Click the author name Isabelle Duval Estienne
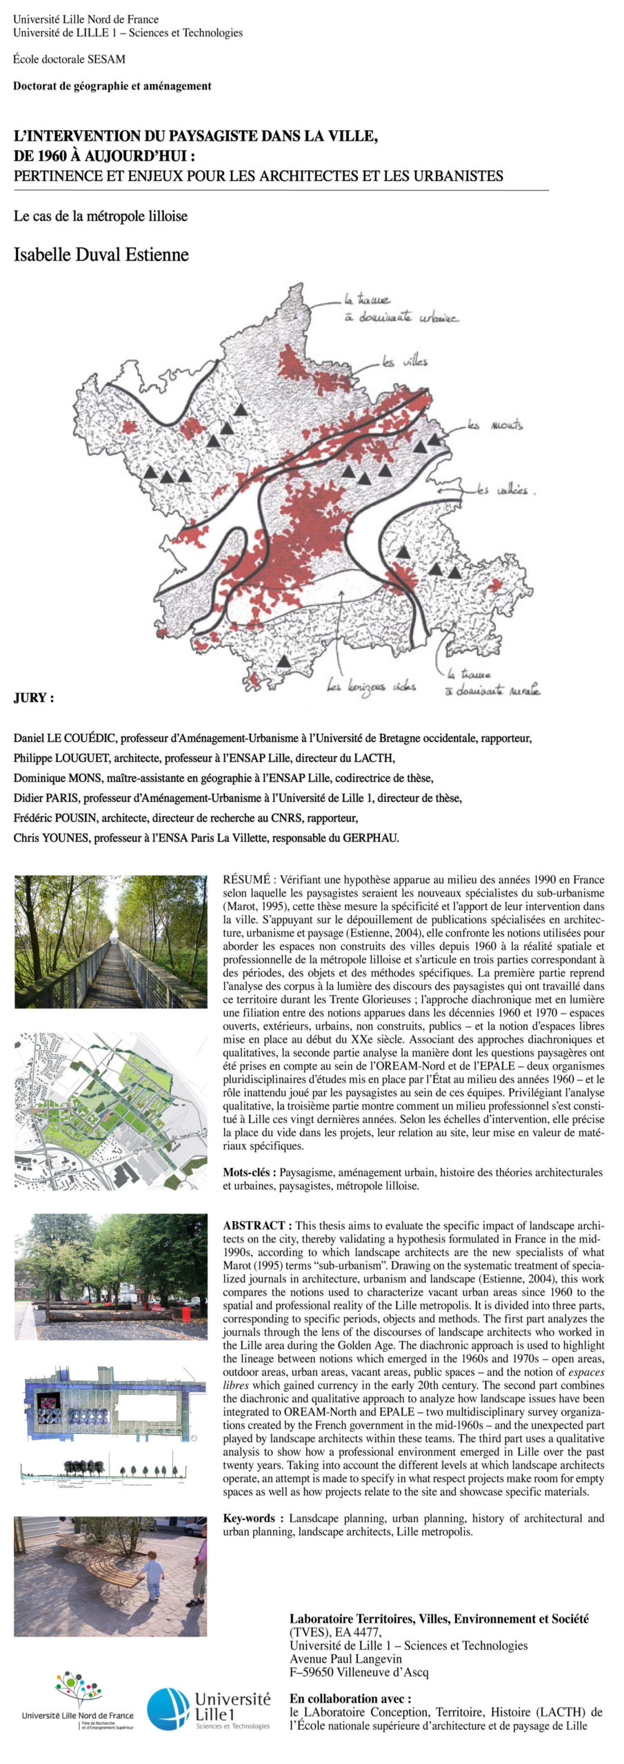(101, 255)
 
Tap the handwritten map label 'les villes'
(405, 361)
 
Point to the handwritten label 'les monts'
(494, 425)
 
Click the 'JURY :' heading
(34, 698)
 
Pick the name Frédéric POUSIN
(60, 819)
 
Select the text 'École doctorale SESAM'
(69, 59)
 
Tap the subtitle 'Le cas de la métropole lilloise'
(101, 216)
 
